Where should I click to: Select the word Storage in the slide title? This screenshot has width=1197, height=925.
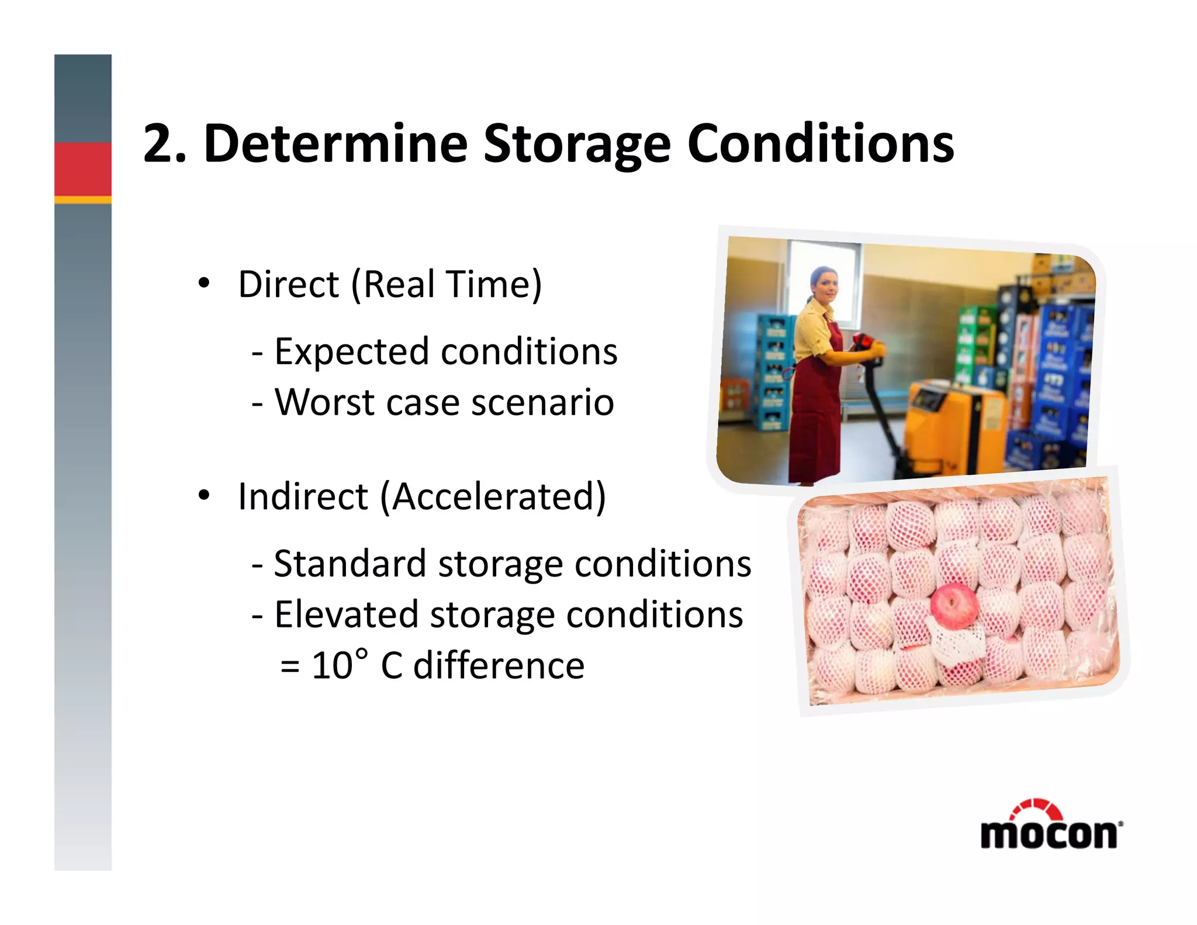(x=576, y=144)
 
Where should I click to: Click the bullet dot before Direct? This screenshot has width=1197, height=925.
(x=203, y=284)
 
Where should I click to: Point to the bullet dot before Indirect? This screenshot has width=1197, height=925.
(x=203, y=496)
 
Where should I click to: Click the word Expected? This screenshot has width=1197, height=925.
(x=351, y=352)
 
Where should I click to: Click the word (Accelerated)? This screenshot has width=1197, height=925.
(x=493, y=497)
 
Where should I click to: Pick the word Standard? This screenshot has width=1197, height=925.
(x=350, y=564)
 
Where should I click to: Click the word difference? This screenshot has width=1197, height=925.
(x=499, y=665)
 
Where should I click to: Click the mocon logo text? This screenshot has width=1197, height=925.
(x=1050, y=834)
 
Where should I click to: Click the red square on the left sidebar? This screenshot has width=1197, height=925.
(x=83, y=169)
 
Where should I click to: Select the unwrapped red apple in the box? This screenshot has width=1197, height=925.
(x=954, y=605)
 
